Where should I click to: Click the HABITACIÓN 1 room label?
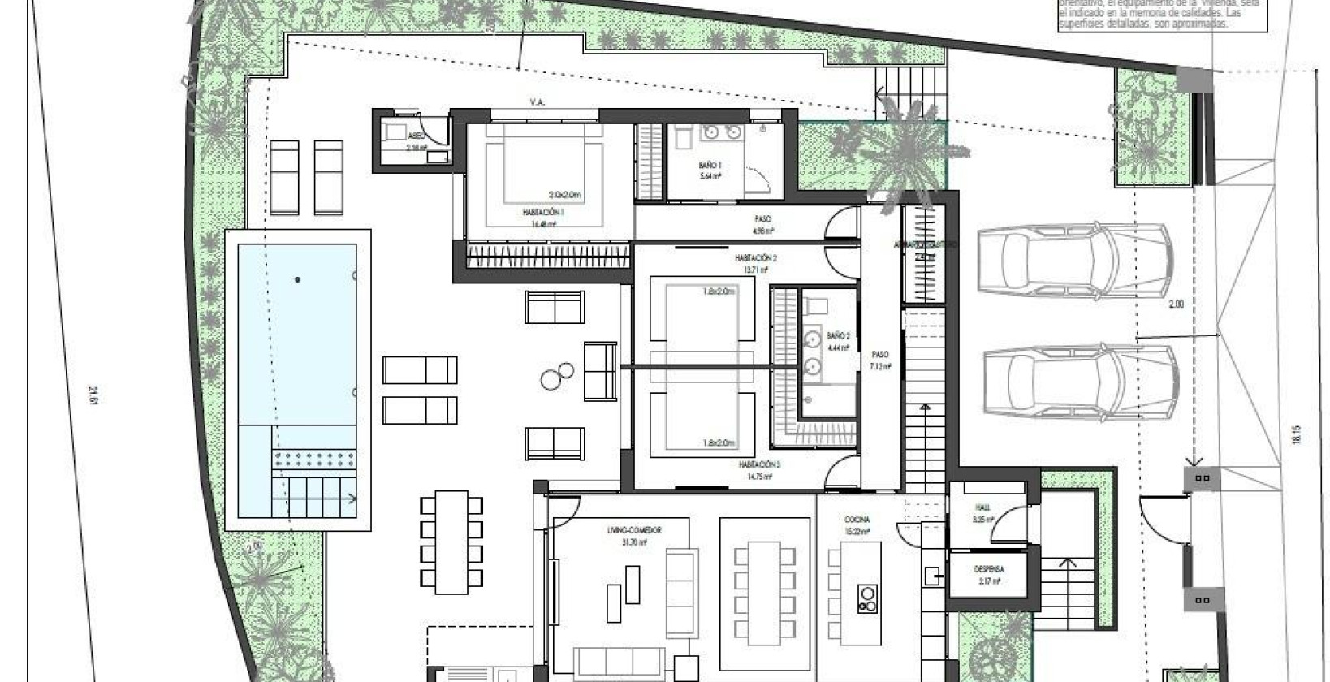point(543,212)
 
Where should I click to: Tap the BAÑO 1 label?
point(710,166)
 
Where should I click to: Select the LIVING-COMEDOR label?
point(634,530)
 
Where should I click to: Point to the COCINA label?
point(857,520)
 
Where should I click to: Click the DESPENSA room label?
point(989,569)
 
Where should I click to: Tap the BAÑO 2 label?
point(838,335)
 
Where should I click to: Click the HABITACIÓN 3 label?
point(758,464)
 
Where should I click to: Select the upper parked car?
point(1076,261)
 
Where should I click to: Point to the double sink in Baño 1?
point(722,133)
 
